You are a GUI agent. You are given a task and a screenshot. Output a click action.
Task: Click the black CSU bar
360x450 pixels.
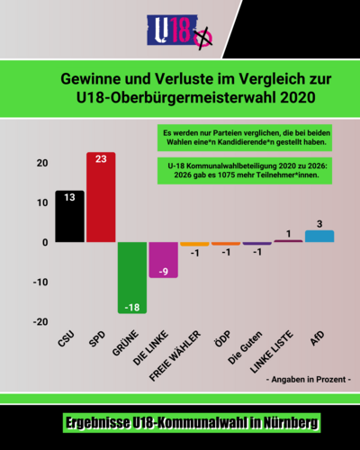(x=69, y=217)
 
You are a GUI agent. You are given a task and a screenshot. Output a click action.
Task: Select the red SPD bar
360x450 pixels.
(x=101, y=198)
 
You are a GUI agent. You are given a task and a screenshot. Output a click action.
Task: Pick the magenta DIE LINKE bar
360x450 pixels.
(x=163, y=260)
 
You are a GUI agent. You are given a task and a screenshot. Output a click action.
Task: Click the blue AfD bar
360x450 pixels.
(x=319, y=236)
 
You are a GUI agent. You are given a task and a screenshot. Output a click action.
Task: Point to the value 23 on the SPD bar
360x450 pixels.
(x=101, y=159)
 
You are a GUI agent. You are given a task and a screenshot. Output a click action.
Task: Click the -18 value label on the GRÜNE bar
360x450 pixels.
(x=132, y=307)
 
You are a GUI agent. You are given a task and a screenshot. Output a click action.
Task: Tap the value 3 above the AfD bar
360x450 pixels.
(x=319, y=222)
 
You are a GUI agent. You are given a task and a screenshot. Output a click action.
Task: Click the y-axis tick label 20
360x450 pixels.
(x=41, y=163)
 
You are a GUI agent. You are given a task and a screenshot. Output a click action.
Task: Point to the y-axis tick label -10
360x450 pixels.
(x=40, y=283)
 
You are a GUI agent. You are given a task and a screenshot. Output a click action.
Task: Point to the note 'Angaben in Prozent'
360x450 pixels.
(x=309, y=380)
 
